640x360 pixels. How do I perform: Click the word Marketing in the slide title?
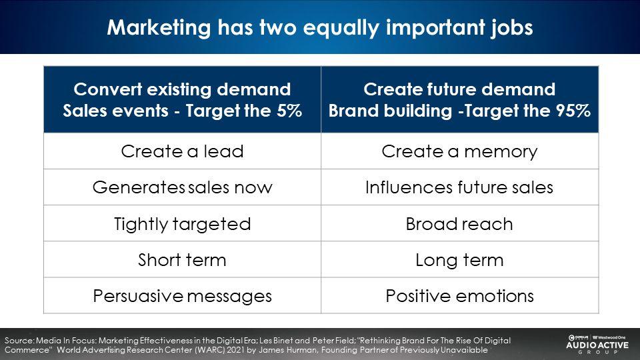[x=159, y=28]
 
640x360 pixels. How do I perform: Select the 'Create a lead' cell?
[x=183, y=151]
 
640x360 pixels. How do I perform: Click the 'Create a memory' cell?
[x=460, y=151]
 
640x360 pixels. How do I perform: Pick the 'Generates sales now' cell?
[x=183, y=187]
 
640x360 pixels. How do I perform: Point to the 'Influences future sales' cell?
[x=460, y=187]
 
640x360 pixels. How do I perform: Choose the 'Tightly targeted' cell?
[x=183, y=224]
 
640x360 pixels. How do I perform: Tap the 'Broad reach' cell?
[x=460, y=224]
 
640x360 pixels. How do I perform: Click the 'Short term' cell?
[x=183, y=259]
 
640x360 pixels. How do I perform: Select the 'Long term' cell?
[x=460, y=259]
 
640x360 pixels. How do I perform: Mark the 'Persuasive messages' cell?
[x=183, y=296]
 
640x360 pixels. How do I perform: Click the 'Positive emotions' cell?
[x=460, y=296]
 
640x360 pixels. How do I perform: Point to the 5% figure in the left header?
[x=289, y=111]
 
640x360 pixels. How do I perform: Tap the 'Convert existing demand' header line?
[x=182, y=89]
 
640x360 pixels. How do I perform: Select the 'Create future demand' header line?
[x=459, y=89]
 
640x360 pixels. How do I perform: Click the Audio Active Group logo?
[x=597, y=344]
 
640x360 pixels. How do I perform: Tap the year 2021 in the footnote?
[x=236, y=350]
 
